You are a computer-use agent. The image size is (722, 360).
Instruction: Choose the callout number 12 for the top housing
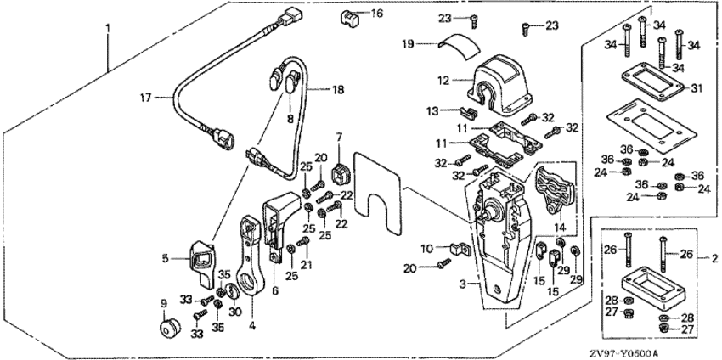coord(443,81)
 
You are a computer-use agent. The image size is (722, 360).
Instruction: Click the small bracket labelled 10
coord(460,250)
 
